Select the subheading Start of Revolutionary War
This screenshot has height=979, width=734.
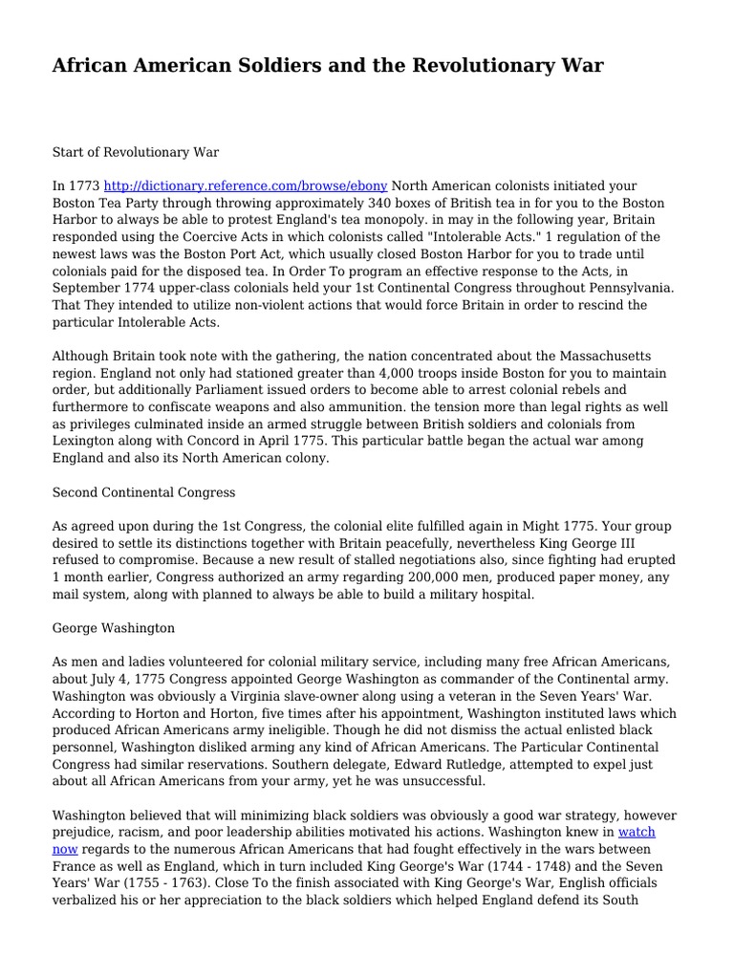point(136,152)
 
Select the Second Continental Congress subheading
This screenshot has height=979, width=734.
point(143,493)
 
